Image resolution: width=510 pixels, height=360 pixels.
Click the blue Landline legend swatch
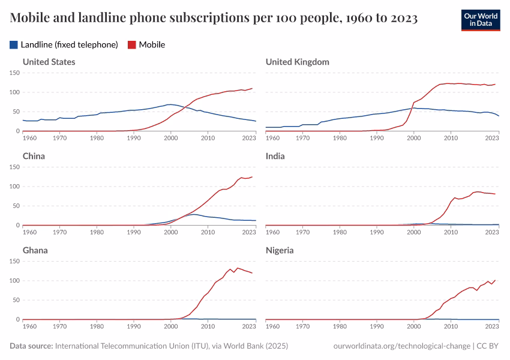14,44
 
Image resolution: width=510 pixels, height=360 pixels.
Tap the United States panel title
49,62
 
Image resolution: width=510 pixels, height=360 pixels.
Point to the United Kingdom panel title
297,62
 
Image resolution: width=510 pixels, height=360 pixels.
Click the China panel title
34,156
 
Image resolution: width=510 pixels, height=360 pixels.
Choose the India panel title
275,156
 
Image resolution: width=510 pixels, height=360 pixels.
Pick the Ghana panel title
35,250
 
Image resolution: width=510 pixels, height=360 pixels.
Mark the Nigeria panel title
280,250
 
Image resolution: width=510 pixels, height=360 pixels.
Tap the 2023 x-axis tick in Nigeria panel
491,326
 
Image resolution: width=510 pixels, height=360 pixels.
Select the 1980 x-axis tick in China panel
97,232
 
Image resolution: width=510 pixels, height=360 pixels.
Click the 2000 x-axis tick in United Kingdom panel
413,138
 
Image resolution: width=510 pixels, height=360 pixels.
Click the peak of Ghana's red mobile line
238,268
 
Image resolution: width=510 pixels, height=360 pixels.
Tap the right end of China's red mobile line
253,176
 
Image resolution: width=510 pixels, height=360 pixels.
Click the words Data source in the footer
31,346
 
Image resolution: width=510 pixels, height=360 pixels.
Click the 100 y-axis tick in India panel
257,186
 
